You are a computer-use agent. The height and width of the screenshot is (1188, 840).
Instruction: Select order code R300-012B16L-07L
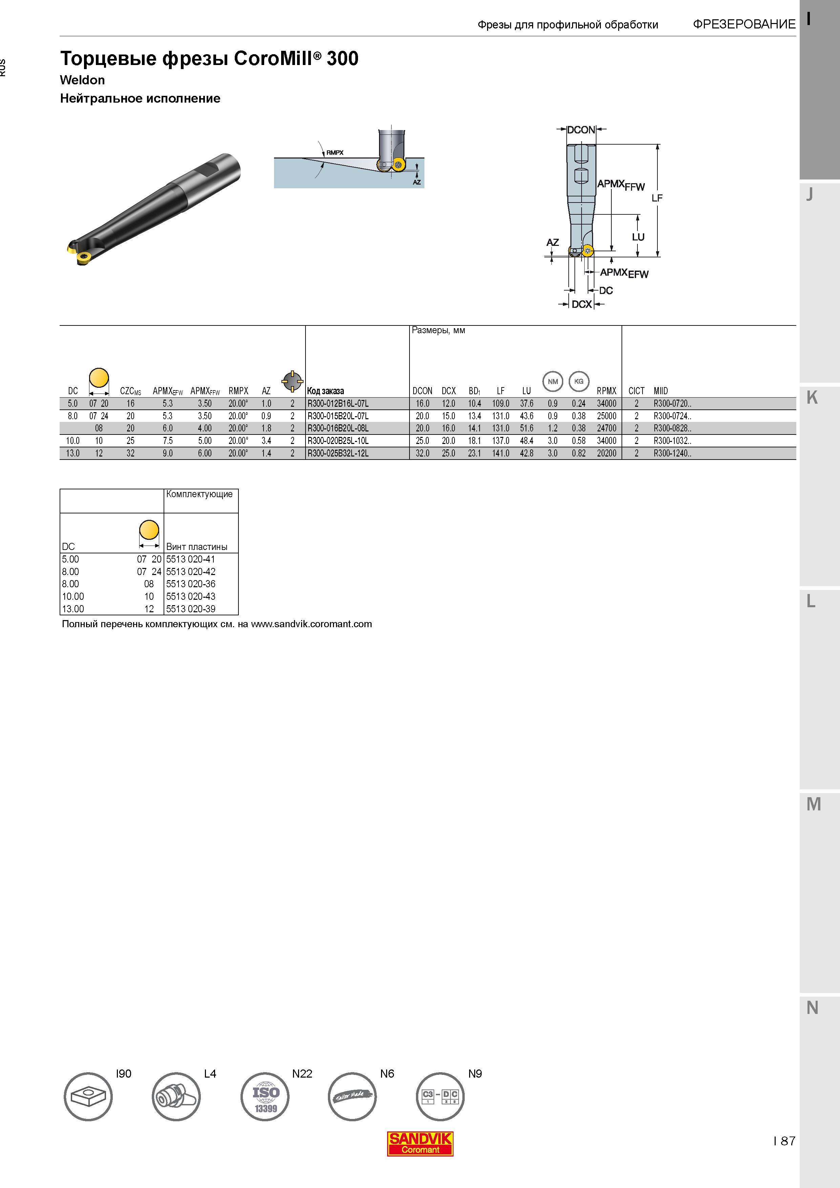coord(338,404)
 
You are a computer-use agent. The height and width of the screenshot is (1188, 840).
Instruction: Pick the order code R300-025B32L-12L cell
coord(338,453)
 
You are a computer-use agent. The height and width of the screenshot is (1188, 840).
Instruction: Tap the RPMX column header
coord(607,391)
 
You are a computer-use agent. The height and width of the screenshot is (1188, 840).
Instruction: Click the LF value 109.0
coord(501,404)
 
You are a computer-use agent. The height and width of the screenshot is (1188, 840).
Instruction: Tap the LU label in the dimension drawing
coord(638,237)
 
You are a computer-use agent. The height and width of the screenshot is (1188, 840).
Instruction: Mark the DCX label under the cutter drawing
coord(582,304)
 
